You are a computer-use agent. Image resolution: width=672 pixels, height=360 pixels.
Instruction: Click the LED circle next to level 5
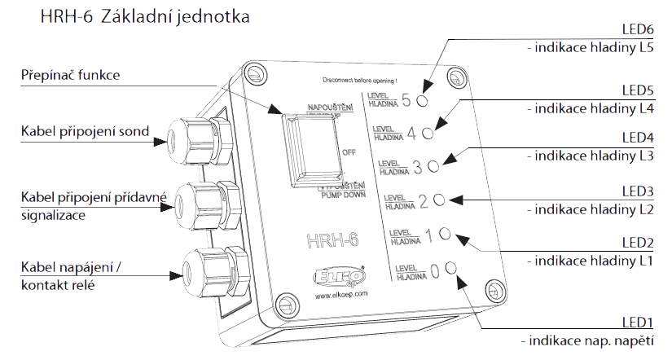coord(423,101)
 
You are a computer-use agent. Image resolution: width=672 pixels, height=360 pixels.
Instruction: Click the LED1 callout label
coord(638,324)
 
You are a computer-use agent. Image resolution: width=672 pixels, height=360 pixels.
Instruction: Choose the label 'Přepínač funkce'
coord(70,76)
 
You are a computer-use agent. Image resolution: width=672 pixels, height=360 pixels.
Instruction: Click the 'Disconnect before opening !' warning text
coord(359,81)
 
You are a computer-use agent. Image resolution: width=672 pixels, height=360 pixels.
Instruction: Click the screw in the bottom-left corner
coord(284,305)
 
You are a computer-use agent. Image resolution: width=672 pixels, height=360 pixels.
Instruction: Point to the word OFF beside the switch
coord(350,151)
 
